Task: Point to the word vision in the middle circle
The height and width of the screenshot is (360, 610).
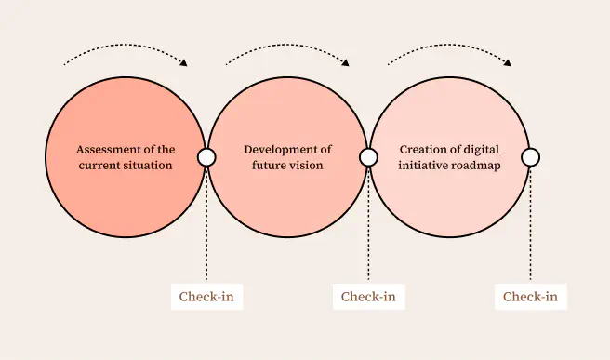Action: click(306, 166)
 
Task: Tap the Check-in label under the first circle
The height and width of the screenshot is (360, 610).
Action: click(206, 297)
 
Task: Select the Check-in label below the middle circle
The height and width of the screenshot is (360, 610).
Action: click(368, 297)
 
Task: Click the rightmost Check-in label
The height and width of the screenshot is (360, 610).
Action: click(530, 297)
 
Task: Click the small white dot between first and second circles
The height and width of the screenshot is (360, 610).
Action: click(206, 157)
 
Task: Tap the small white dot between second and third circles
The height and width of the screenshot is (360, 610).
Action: click(368, 157)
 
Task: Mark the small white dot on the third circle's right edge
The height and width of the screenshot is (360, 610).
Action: click(530, 157)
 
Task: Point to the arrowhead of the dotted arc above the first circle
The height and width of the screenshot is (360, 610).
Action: click(183, 63)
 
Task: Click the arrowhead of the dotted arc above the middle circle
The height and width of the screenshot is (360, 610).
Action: click(346, 63)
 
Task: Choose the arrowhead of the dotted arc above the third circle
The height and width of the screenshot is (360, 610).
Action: click(508, 63)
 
